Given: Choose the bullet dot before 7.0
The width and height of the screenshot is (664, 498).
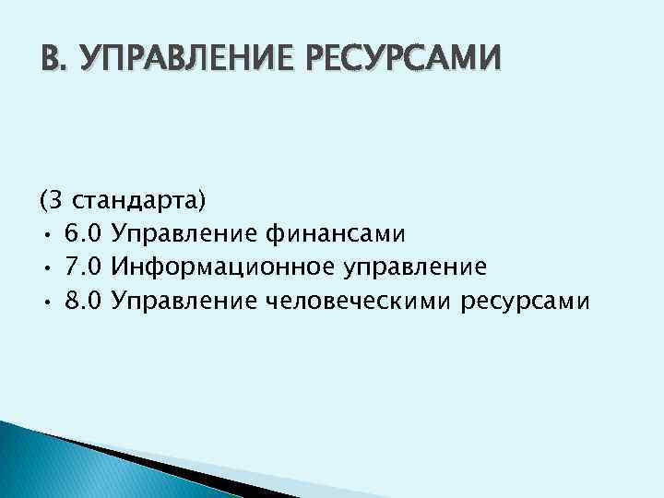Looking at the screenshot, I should click(45, 267).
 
